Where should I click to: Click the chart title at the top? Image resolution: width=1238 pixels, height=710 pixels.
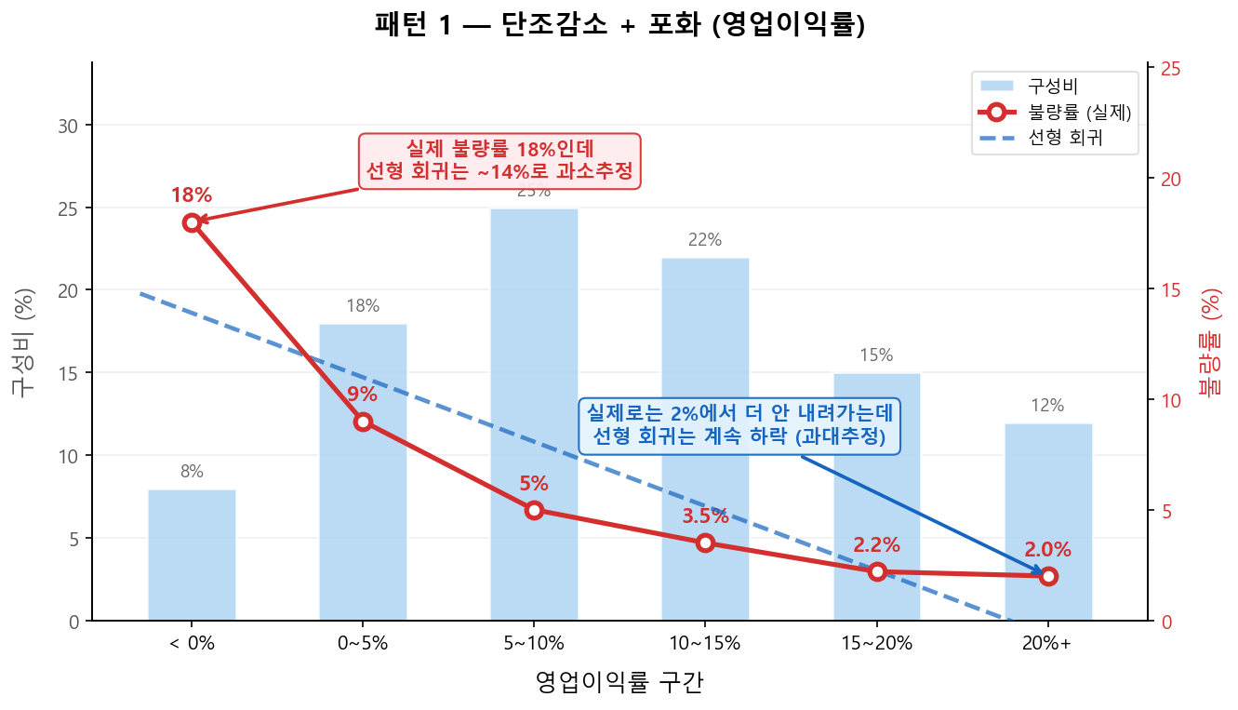click(619, 25)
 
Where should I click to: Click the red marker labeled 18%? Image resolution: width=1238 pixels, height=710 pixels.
click(192, 222)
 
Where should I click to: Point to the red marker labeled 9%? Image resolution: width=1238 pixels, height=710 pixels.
click(363, 422)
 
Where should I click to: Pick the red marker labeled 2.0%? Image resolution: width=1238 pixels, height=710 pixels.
click(1048, 576)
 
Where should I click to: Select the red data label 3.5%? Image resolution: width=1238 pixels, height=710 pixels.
click(705, 516)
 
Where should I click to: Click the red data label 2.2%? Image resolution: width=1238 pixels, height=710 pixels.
click(876, 545)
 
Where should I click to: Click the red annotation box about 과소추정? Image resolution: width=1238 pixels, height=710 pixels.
click(499, 160)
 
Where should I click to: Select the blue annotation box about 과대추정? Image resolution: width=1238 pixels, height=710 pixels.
click(739, 425)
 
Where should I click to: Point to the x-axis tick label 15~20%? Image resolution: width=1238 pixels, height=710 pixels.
click(876, 643)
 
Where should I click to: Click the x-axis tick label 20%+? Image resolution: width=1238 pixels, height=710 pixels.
click(1048, 643)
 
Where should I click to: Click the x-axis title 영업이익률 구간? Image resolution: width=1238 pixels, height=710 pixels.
click(619, 683)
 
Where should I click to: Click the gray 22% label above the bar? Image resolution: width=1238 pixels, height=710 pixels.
click(705, 240)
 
